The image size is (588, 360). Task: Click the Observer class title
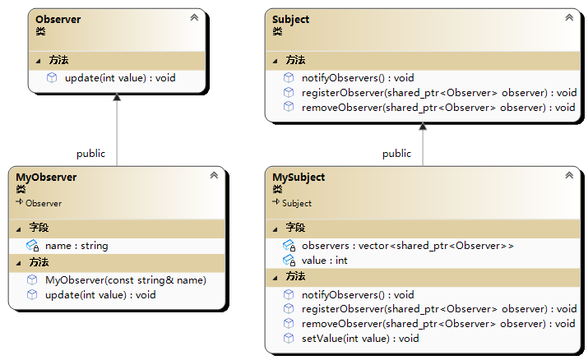click(58, 20)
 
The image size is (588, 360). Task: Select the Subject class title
click(290, 20)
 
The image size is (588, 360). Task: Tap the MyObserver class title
click(46, 178)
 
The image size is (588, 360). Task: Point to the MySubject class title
click(299, 178)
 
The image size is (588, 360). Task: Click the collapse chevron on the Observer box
click(194, 17)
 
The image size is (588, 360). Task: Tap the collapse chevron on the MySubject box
click(569, 175)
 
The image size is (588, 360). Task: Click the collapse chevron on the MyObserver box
click(214, 175)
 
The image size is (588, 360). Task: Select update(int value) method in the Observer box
click(120, 78)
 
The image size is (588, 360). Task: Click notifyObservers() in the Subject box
click(358, 78)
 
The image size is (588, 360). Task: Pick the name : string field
click(76, 246)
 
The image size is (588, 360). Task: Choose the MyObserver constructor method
click(126, 280)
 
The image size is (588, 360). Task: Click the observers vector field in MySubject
click(408, 246)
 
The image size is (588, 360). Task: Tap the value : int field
click(324, 261)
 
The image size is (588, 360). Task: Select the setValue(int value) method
click(360, 339)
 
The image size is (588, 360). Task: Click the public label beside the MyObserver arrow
click(90, 154)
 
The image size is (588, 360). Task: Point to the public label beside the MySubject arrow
click(396, 154)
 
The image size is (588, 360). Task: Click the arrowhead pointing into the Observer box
click(117, 98)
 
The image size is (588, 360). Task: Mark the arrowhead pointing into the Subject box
click(423, 127)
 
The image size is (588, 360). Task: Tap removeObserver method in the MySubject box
click(438, 324)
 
